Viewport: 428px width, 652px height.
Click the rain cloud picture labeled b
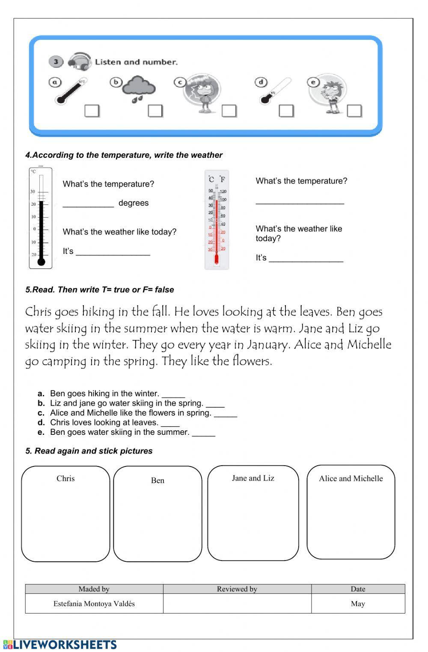(138, 88)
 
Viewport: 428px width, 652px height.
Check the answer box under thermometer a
(92, 111)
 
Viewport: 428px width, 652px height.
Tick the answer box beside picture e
(354, 111)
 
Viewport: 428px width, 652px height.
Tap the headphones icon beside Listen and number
(80, 62)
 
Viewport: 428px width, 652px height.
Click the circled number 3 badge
(56, 62)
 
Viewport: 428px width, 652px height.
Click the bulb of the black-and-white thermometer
(41, 262)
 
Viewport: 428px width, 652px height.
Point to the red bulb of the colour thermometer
(217, 260)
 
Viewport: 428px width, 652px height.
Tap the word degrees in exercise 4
(134, 203)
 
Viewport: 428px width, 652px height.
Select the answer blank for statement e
(203, 433)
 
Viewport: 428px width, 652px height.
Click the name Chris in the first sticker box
(65, 478)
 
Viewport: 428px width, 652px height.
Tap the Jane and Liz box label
(253, 478)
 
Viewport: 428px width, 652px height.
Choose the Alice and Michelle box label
(351, 478)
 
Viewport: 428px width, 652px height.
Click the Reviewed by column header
(237, 589)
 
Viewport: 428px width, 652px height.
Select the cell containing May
(358, 604)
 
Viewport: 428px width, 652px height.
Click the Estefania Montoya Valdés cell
(94, 604)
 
